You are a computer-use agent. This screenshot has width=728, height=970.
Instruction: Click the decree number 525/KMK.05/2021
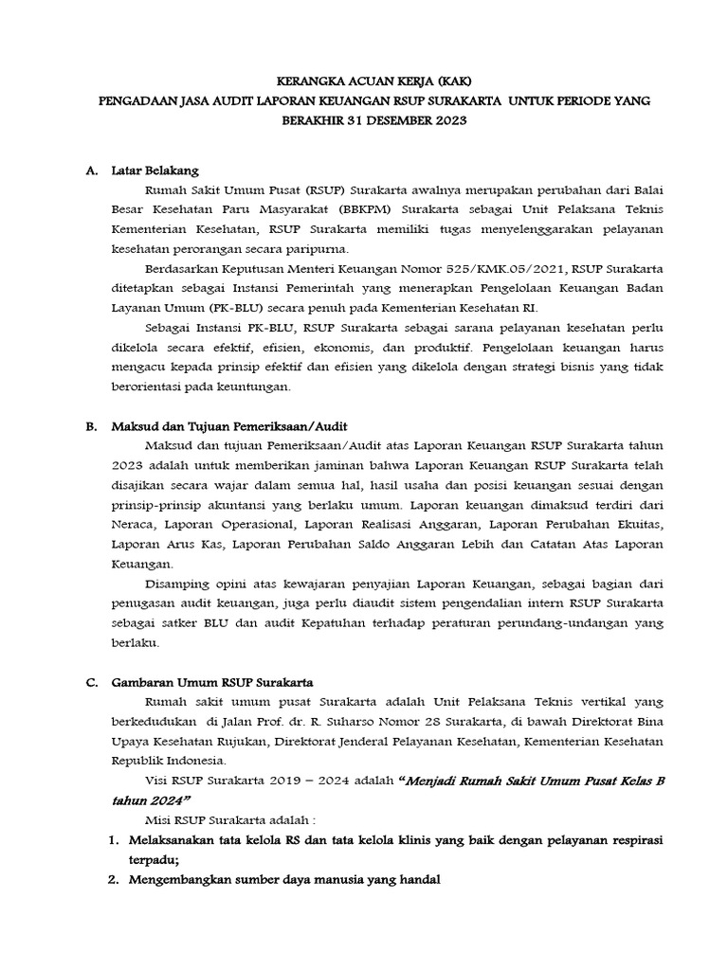[x=454, y=269]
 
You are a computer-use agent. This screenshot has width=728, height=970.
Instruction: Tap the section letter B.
[x=91, y=426]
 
